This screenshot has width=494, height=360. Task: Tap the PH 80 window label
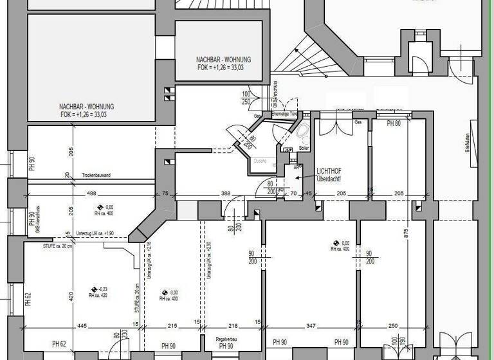pyautogui.click(x=394, y=123)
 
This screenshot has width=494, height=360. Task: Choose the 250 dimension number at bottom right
pyautogui.click(x=394, y=325)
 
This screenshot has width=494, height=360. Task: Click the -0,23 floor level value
pyautogui.click(x=101, y=290)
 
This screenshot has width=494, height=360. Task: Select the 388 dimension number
pyautogui.click(x=226, y=194)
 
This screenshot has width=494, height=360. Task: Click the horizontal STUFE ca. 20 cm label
pyautogui.click(x=40, y=246)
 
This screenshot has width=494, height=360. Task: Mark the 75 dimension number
pyautogui.click(x=165, y=194)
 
